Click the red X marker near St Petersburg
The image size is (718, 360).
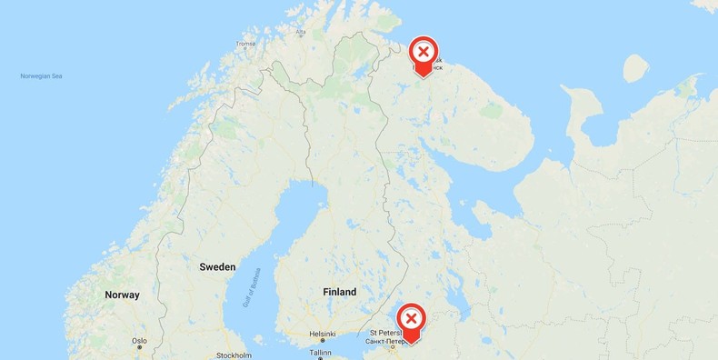point(411,318)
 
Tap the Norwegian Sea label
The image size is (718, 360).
point(41,75)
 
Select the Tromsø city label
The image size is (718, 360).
point(246,44)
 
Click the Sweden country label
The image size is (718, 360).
point(217,267)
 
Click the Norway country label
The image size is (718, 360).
point(122,295)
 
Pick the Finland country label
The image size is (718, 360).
point(339,292)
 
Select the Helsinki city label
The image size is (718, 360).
point(322,334)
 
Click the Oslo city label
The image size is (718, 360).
point(139,341)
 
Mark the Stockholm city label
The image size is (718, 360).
point(234,355)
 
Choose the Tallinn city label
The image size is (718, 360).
point(320,352)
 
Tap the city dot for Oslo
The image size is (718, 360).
point(139,348)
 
